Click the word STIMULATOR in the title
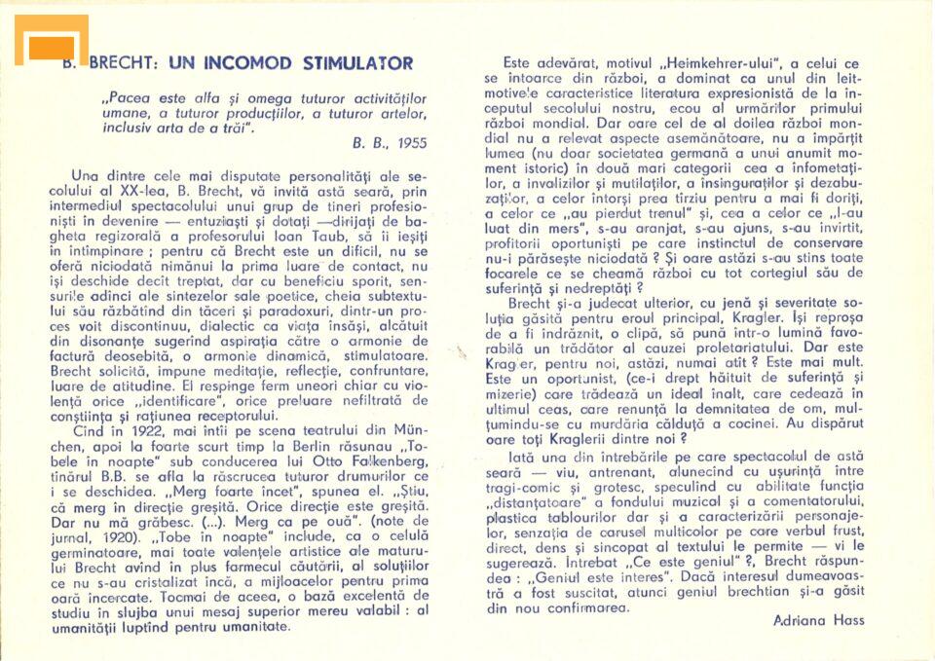[357, 64]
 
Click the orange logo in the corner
[51, 41]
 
